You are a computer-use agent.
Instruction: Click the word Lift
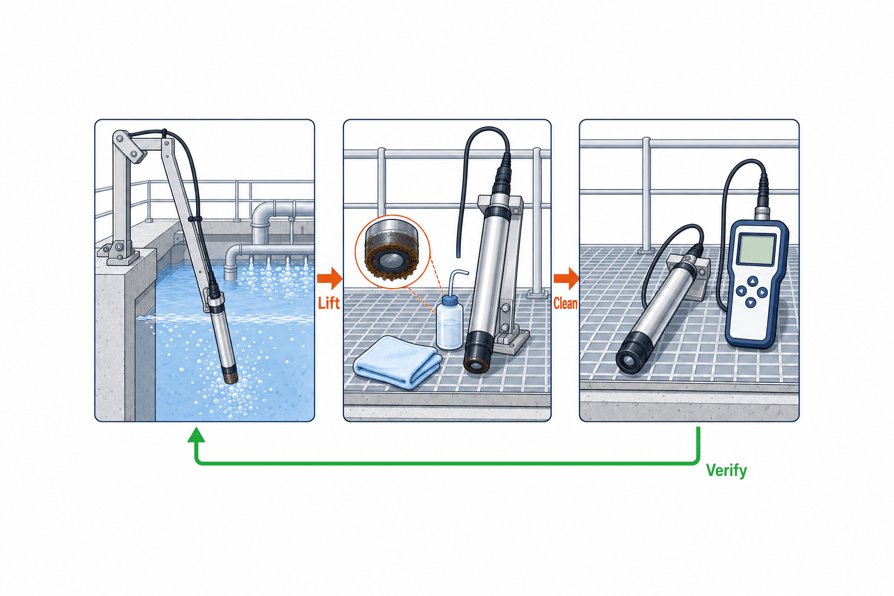(x=329, y=303)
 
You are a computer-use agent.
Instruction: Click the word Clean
(x=565, y=303)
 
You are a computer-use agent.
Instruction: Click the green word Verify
(x=726, y=471)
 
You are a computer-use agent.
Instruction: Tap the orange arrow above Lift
(x=329, y=278)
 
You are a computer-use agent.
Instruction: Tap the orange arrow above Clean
(x=566, y=278)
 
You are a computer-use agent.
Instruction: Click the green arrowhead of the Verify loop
(x=196, y=434)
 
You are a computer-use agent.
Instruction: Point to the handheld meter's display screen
(x=756, y=249)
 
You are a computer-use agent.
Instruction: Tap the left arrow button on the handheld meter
(x=741, y=290)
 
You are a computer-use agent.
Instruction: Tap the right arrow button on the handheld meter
(x=762, y=293)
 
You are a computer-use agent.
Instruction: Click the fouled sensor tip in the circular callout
(x=392, y=250)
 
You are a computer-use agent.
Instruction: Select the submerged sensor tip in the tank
(x=230, y=377)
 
